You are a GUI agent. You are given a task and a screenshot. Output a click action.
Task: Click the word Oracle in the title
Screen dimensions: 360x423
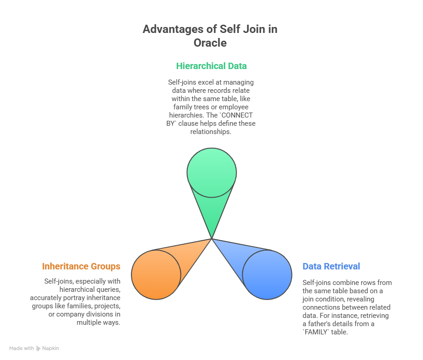[210, 43]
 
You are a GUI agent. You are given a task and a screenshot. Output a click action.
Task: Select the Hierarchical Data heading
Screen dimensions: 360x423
[211, 66]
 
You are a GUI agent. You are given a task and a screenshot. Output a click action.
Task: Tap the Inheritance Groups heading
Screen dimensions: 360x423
[81, 266]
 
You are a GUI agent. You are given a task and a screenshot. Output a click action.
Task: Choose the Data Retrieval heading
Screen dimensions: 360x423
[331, 266]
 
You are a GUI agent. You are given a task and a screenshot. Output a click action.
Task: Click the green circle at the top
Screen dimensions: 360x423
[211, 173]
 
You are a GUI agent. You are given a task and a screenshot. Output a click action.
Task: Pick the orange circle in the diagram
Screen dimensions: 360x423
[156, 274]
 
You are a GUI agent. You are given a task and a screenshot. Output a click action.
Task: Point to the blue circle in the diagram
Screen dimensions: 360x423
[267, 274]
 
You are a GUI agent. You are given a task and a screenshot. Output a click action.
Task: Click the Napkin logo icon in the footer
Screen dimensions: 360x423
[38, 349]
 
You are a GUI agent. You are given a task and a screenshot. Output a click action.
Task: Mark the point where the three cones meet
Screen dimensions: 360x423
[211, 239]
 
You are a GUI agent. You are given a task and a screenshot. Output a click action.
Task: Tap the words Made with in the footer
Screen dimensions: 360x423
[22, 349]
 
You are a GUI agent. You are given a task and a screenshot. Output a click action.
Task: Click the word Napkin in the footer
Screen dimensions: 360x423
[51, 349]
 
